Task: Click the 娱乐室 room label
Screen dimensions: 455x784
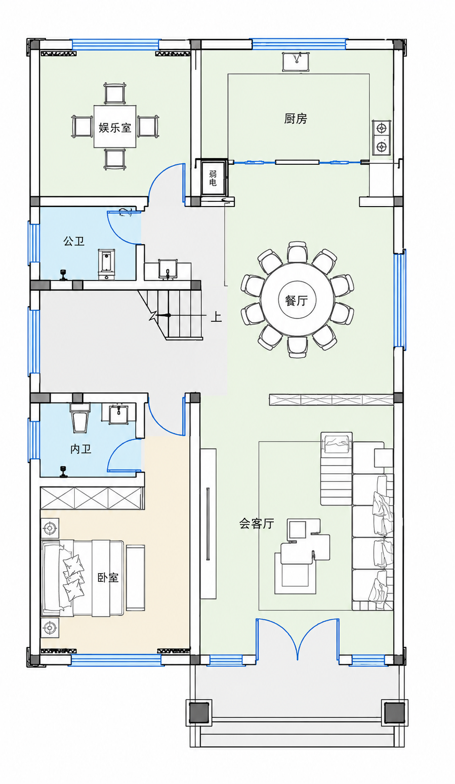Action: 114,128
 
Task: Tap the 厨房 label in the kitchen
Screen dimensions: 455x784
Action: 295,119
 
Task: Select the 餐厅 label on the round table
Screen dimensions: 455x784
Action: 296,300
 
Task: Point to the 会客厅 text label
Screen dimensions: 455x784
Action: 256,524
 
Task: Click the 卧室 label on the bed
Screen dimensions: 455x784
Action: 108,577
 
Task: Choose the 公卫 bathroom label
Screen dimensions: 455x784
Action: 74,241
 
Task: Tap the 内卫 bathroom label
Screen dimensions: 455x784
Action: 81,449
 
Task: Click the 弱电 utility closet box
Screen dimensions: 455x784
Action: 212,178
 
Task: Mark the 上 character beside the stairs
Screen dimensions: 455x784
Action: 216,317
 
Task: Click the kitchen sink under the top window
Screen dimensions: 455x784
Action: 296,62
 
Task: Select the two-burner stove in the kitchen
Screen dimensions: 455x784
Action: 382,137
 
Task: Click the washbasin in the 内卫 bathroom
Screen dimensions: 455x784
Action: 119,414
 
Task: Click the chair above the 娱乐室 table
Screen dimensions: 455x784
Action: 114,93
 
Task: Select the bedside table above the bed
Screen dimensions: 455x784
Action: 50,527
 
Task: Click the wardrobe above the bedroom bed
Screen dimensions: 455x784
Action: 92,498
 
